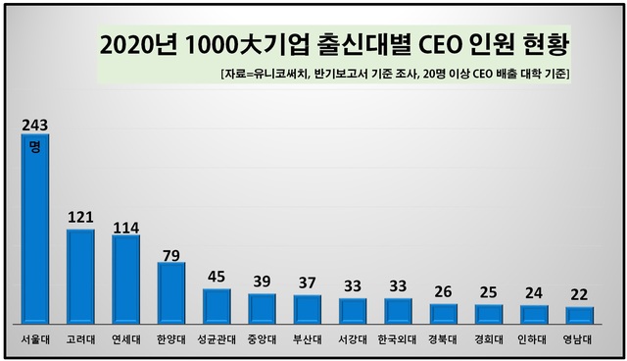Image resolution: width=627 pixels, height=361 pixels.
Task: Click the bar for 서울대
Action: (x=34, y=235)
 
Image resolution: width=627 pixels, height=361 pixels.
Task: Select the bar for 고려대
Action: (x=80, y=277)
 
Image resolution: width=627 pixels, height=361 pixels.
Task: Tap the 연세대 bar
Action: (x=125, y=280)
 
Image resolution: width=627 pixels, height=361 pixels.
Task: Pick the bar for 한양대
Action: (x=170, y=292)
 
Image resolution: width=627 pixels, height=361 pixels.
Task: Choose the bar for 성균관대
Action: (x=217, y=306)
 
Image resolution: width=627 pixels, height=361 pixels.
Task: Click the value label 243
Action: (x=34, y=125)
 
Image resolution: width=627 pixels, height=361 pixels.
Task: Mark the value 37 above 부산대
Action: (x=307, y=284)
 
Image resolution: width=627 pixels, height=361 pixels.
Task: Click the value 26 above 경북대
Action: (x=443, y=292)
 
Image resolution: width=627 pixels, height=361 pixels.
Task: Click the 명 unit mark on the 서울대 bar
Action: (x=34, y=146)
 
